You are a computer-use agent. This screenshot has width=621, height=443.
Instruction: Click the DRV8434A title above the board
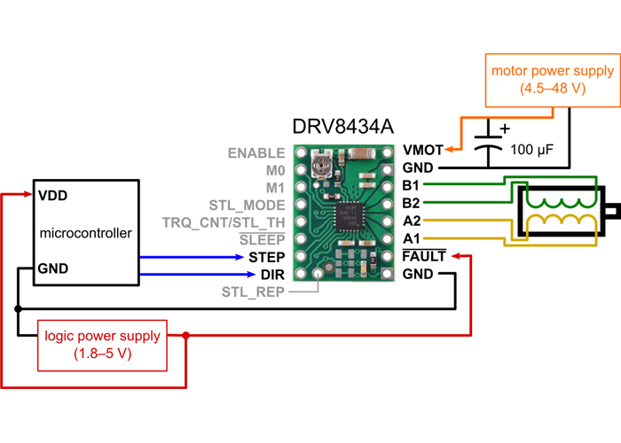tap(342, 127)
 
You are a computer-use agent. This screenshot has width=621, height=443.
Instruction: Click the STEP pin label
tap(266, 257)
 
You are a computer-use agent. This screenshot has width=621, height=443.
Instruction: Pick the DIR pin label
tap(272, 274)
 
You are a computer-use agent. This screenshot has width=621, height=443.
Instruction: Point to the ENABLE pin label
tap(256, 152)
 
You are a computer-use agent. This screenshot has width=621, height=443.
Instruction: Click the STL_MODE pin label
tap(247, 205)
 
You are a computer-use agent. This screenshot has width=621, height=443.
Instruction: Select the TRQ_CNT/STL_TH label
tap(224, 221)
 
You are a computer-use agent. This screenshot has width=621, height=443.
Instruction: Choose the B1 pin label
tap(411, 185)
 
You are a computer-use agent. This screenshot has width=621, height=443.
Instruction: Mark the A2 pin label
tap(411, 221)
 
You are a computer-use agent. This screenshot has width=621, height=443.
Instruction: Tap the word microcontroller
tap(86, 233)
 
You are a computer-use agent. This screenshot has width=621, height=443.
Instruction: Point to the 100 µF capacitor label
tap(532, 151)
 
